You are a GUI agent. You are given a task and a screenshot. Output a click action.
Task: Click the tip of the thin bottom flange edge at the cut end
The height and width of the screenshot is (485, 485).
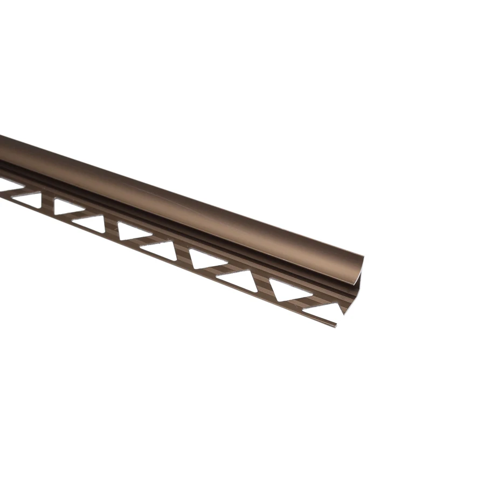coord(336,325)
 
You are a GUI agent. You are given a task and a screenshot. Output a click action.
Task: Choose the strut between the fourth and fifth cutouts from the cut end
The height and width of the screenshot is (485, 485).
coord(183,255)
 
